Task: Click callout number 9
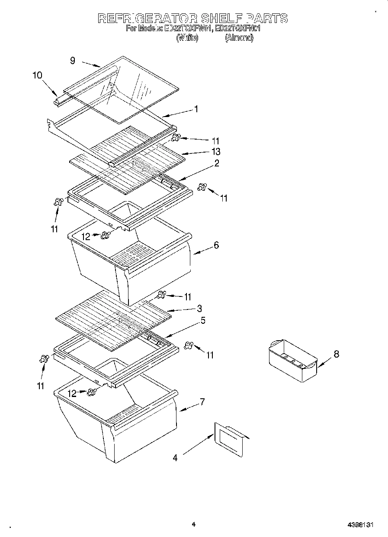click(73, 61)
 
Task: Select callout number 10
click(37, 75)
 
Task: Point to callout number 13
click(215, 151)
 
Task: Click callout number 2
click(216, 163)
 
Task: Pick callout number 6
click(216, 245)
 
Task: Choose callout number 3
click(199, 309)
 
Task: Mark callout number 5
click(203, 321)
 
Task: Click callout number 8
click(336, 354)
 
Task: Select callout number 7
click(202, 401)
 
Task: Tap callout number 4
click(175, 458)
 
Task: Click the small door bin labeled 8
click(292, 360)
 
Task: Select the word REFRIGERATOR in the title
click(148, 18)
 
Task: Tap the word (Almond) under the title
click(239, 38)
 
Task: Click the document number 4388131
click(360, 525)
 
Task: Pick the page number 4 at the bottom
click(193, 524)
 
